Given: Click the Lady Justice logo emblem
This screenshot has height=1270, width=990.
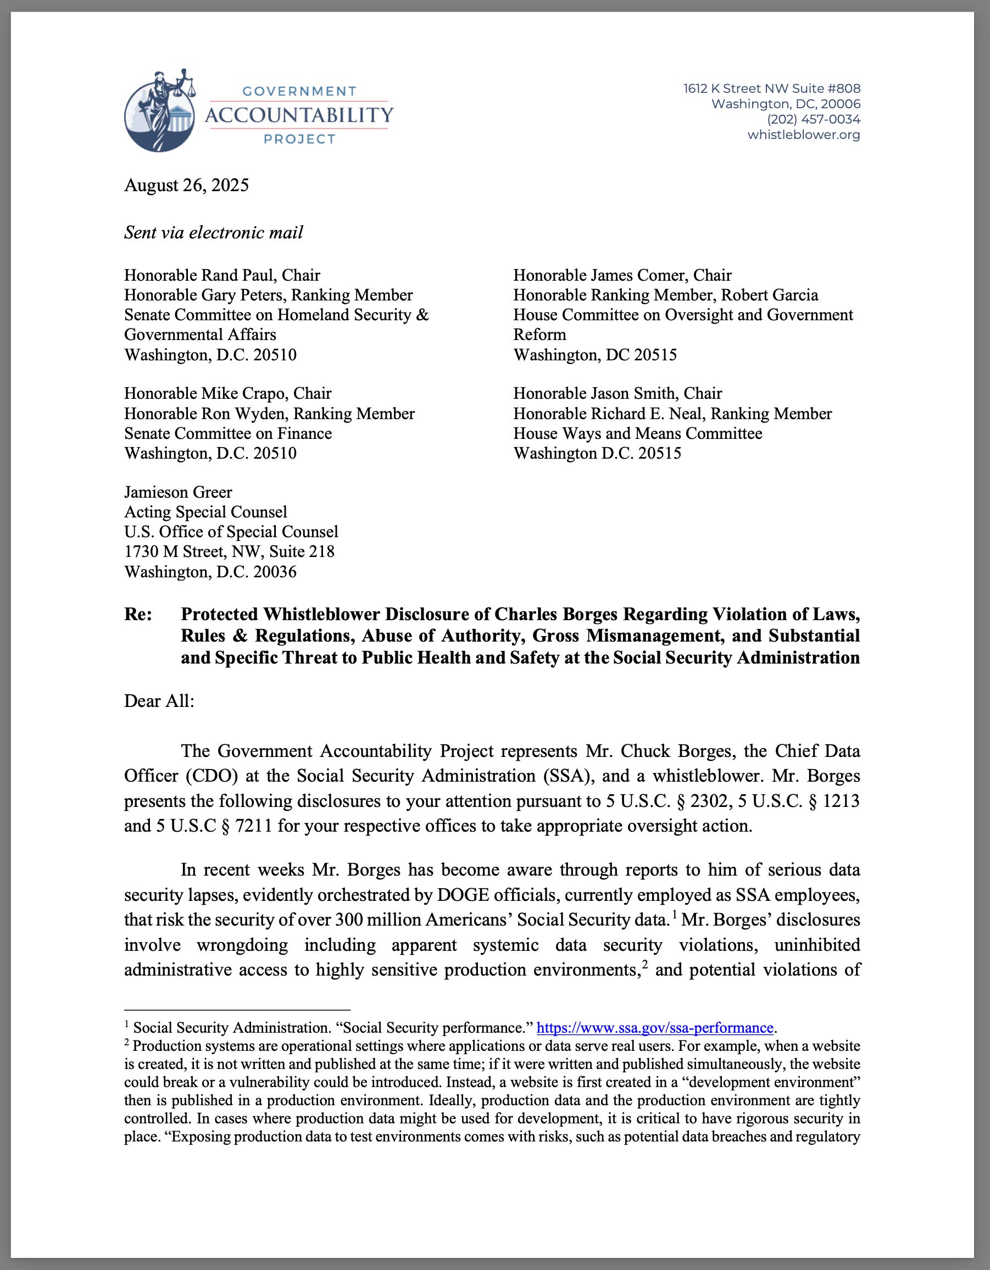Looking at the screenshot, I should click(x=159, y=112).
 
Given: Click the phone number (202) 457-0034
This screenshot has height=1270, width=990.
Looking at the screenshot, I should click(x=813, y=119).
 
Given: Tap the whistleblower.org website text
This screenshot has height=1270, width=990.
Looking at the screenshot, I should click(x=803, y=135).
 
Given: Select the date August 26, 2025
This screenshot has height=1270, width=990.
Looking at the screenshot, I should click(x=186, y=185).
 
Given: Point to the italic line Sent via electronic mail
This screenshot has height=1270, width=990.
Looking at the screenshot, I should click(x=214, y=232).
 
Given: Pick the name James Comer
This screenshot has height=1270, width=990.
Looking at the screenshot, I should click(x=632, y=275).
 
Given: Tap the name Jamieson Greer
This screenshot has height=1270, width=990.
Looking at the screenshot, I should click(x=178, y=492).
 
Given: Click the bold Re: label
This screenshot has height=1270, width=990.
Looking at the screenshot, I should click(x=138, y=614).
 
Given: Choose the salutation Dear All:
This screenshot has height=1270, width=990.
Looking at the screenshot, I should click(x=159, y=701).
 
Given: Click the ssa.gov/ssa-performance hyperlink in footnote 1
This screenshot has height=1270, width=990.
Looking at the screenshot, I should click(x=654, y=1028).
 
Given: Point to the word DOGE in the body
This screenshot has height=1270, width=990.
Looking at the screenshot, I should click(x=463, y=894).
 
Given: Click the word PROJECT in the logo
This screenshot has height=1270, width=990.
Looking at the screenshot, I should click(x=299, y=139).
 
